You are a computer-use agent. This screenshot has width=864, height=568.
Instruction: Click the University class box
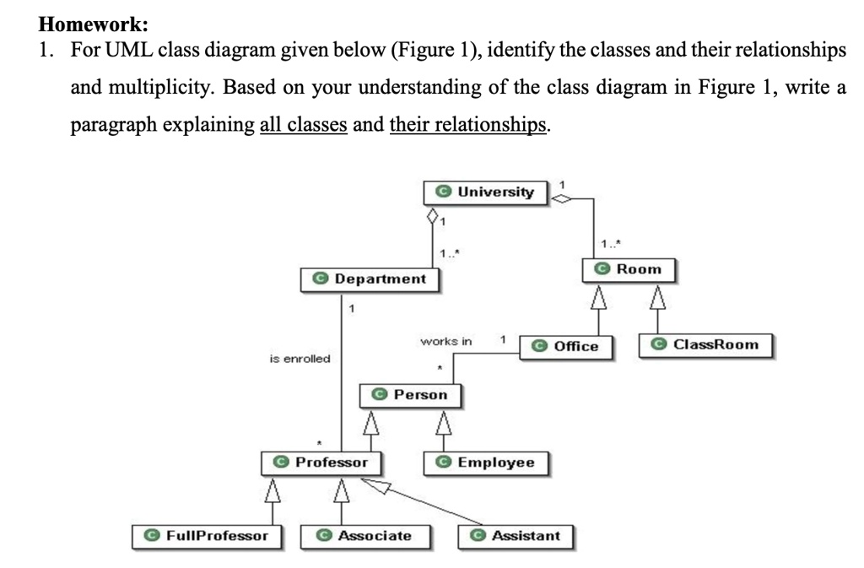[x=485, y=192]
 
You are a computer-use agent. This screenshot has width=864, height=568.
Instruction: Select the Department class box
[x=370, y=279]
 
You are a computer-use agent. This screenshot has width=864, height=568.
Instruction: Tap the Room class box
[x=629, y=269]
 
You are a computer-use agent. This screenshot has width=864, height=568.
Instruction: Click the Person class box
[x=410, y=394]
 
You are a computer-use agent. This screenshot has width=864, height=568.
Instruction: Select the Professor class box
[x=321, y=463]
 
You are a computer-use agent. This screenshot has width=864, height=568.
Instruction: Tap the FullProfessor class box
[x=207, y=536]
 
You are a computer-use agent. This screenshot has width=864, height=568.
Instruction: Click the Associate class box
[x=364, y=536]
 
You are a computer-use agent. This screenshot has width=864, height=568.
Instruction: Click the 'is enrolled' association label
[x=300, y=359]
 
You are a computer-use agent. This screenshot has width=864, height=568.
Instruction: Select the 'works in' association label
[x=446, y=341]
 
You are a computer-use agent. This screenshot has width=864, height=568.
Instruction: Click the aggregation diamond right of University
[x=561, y=199]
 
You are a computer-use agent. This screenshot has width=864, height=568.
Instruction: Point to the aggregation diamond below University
[x=434, y=217]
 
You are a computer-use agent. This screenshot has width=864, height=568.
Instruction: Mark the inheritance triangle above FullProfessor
[x=272, y=490]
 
